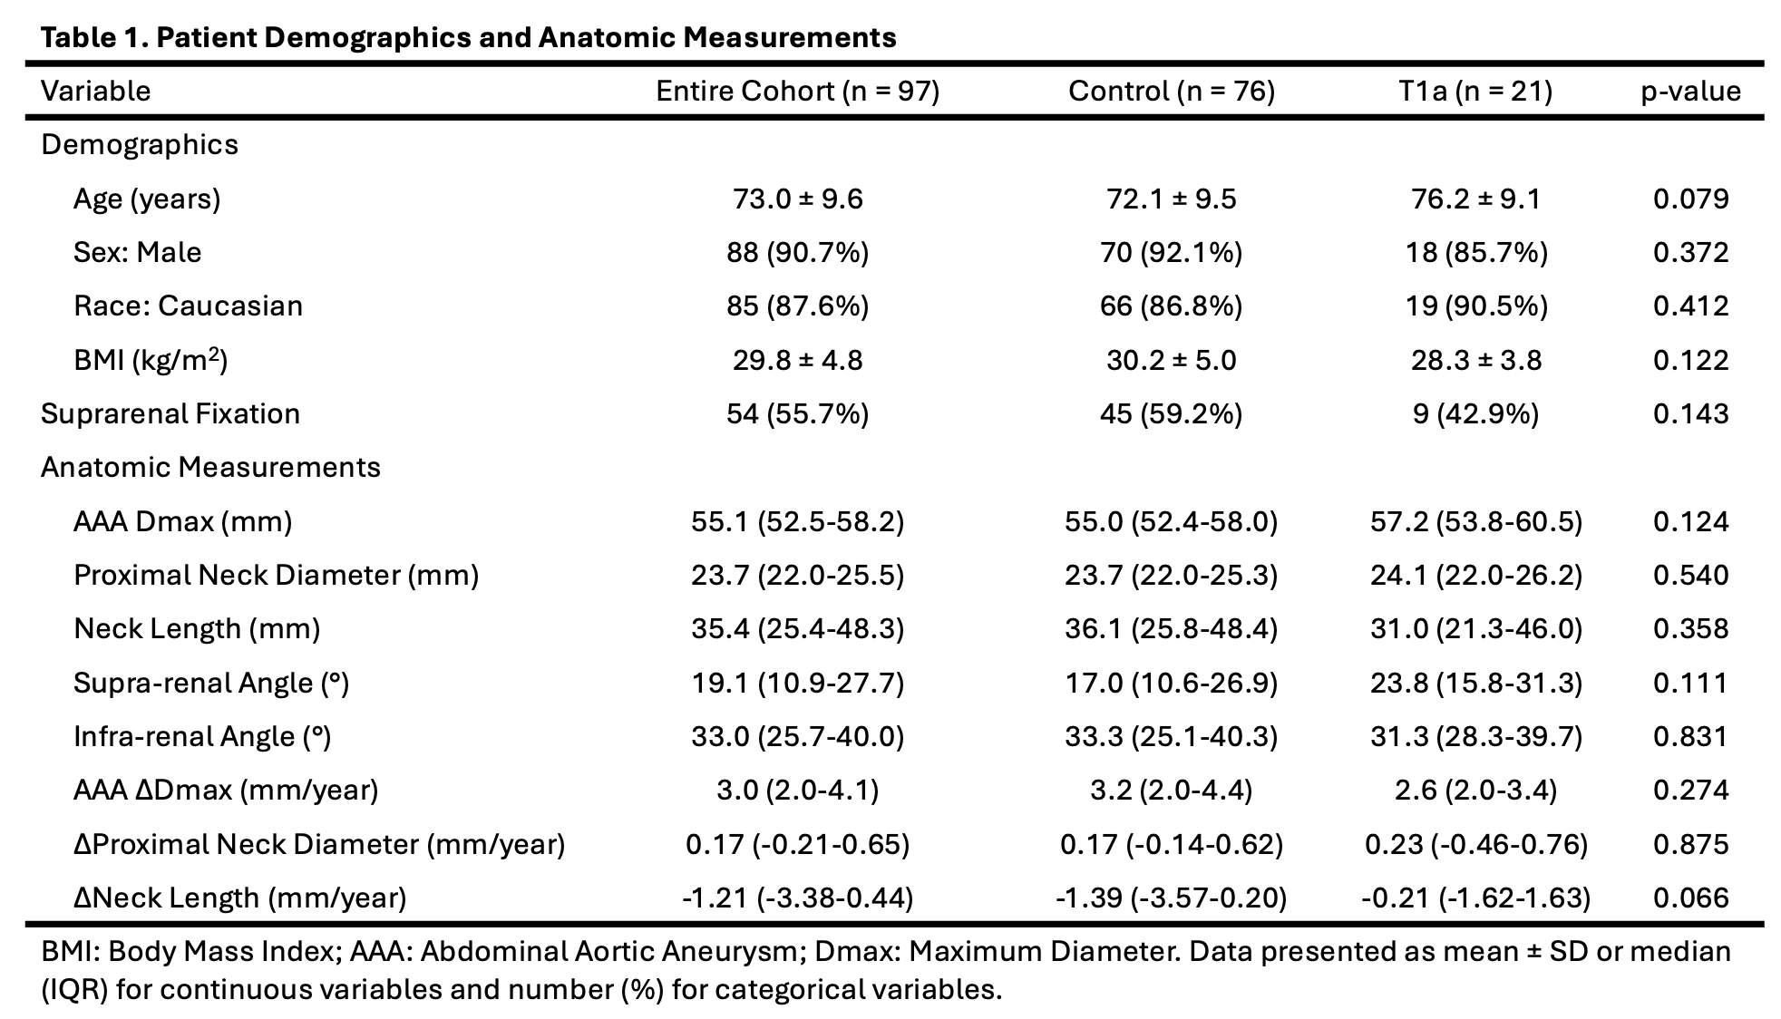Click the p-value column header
(1690, 92)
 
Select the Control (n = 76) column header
(1172, 91)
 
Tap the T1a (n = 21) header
(1475, 91)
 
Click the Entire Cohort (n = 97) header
(798, 91)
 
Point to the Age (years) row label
(147, 199)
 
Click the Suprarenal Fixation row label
(170, 413)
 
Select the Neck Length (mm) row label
(197, 628)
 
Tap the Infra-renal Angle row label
(202, 736)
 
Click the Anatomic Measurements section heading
(210, 467)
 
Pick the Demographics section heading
(140, 145)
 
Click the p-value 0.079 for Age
(1690, 199)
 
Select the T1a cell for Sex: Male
(1475, 252)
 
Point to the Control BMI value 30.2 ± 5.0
(1172, 360)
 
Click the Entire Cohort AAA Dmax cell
(798, 521)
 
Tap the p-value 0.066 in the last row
(1690, 898)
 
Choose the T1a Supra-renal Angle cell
(1475, 683)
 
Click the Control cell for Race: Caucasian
(1172, 306)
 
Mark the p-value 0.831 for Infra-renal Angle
(1690, 736)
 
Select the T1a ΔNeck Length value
(1475, 898)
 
